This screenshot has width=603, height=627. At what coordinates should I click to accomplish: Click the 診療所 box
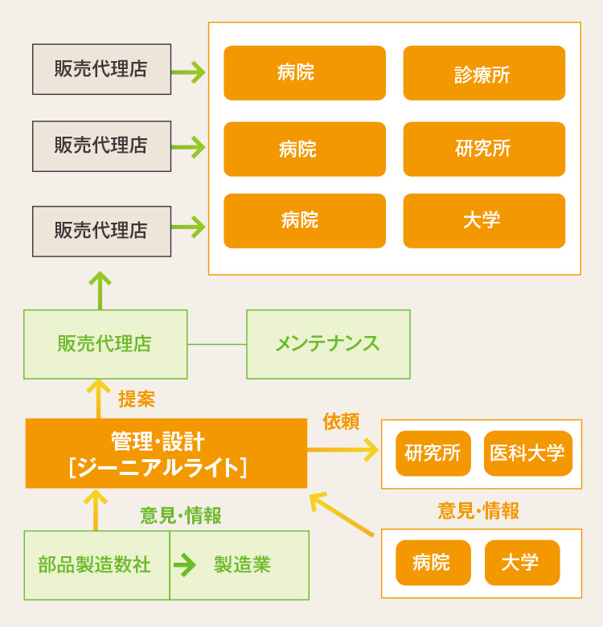[x=484, y=73]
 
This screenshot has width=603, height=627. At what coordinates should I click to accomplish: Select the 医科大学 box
[x=527, y=453]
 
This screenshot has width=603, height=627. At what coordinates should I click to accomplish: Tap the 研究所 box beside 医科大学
[x=433, y=453]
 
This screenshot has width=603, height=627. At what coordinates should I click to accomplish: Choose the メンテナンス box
[x=328, y=344]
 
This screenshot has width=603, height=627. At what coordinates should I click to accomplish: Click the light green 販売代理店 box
[x=105, y=344]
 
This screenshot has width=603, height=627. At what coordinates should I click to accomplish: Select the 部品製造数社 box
[x=96, y=565]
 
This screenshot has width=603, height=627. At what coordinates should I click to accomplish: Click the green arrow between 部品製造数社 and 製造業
[x=185, y=565]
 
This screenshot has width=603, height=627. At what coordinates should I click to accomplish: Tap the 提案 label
[x=137, y=399]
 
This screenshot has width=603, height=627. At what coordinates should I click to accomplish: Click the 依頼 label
[x=341, y=421]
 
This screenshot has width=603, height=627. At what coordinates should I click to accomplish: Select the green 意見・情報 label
[x=181, y=515]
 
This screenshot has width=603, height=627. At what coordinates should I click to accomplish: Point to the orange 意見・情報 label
[x=478, y=510]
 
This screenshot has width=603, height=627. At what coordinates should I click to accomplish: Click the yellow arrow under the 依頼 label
[x=343, y=449]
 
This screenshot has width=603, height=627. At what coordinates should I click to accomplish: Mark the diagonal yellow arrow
[x=342, y=514]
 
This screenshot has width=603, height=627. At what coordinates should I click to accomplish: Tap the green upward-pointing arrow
[x=100, y=290]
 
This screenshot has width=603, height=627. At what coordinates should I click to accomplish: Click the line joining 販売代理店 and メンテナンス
[x=216, y=344]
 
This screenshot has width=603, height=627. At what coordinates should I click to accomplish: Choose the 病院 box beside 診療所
[x=305, y=73]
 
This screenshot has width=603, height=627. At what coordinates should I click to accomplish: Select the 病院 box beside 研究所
[x=305, y=149]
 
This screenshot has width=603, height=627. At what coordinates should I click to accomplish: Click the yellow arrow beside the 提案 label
[x=99, y=398]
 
